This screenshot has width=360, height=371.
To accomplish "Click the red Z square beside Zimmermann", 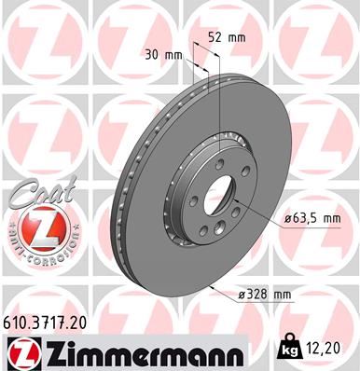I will click(21, 352).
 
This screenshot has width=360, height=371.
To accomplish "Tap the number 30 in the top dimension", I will click(152, 55).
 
